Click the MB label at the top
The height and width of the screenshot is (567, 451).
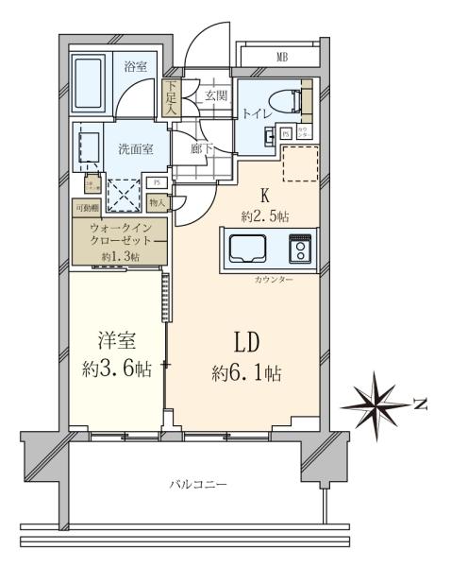[281, 59]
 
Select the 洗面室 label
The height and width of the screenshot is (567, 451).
[130, 148]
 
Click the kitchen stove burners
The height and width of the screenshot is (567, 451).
[300, 249]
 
